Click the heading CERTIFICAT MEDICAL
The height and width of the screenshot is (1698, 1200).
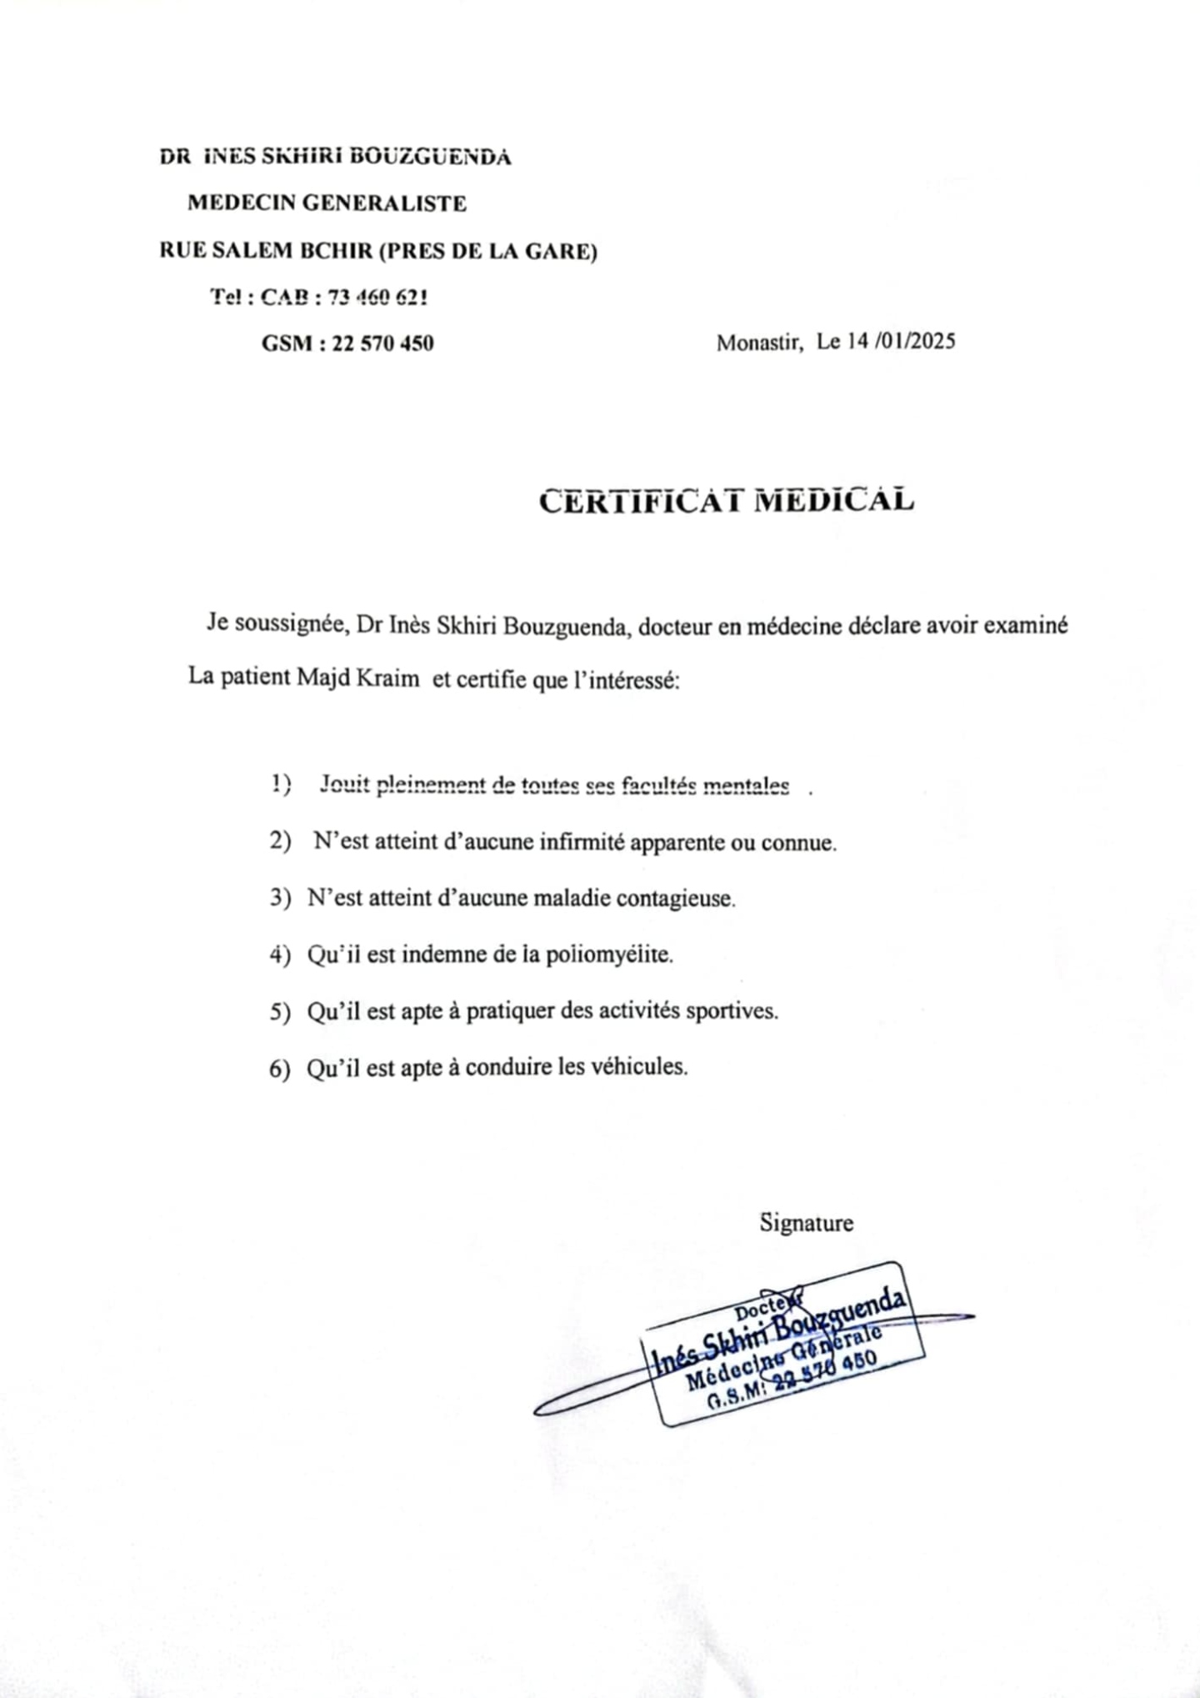click(x=726, y=501)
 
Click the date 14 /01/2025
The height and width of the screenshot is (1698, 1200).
click(x=902, y=342)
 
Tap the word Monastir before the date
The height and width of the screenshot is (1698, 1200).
click(x=758, y=343)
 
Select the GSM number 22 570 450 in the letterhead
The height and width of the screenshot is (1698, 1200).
click(x=382, y=343)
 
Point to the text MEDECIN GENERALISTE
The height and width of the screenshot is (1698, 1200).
click(x=327, y=203)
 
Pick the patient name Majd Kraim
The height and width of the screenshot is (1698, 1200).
click(x=357, y=678)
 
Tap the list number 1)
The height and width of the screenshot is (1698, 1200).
click(x=281, y=784)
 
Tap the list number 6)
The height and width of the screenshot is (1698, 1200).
click(x=280, y=1069)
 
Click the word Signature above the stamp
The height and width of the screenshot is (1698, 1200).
click(x=806, y=1223)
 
